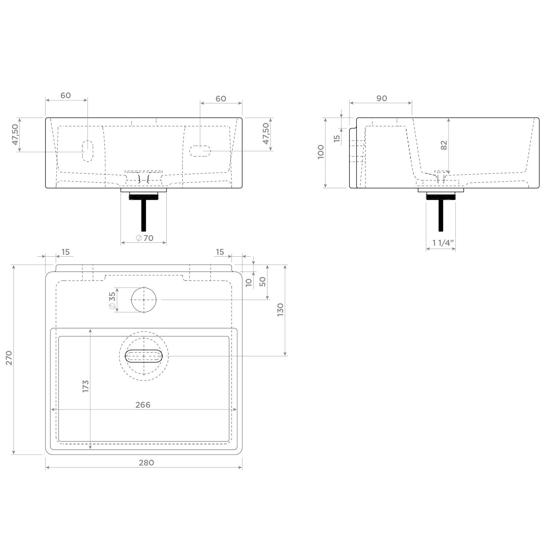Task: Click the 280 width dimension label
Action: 146,463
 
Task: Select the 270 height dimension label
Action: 9,358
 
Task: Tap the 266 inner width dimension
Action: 143,405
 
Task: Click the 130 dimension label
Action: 280,310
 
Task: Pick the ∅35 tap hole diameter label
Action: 112,300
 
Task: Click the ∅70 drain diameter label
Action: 145,238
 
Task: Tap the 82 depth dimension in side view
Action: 444,145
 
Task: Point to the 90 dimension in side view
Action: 381,98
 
